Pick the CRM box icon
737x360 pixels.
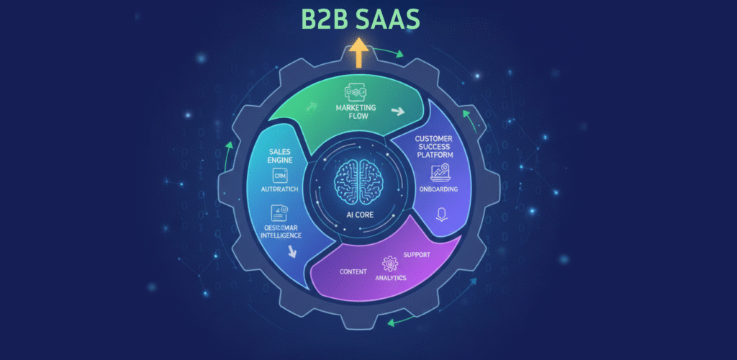coord(279,177)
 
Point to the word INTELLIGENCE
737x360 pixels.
coord(280,235)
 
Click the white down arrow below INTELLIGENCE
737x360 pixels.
coord(292,251)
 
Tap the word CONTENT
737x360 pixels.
coord(353,272)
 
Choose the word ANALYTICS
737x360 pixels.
coord(391,277)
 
